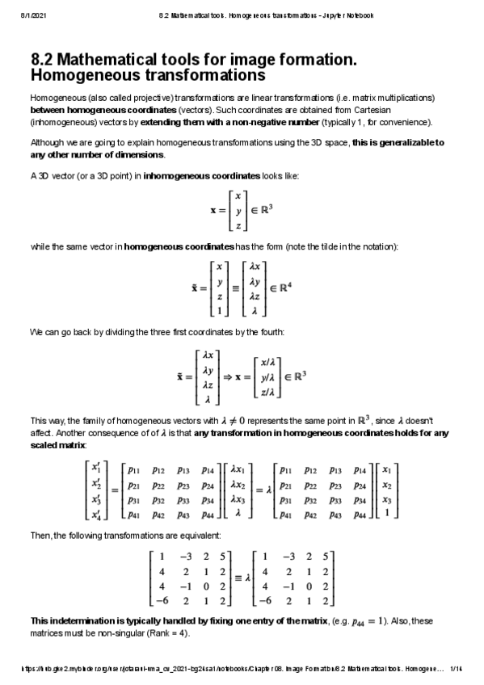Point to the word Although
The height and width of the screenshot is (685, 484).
click(47, 143)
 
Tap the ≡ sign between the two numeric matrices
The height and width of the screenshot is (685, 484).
click(238, 578)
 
